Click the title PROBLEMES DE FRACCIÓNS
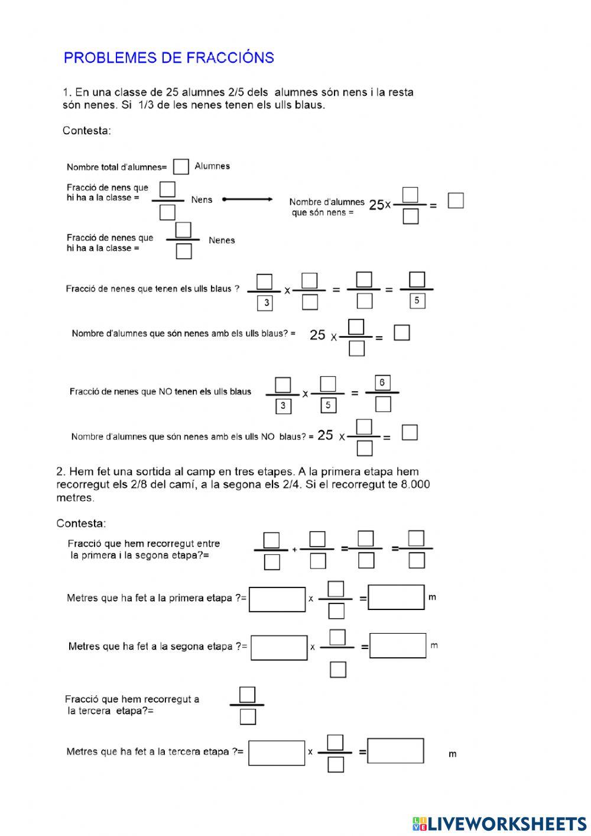tap(168, 57)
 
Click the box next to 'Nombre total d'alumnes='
tap(181, 167)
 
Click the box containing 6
tap(382, 383)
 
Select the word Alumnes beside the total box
tap(212, 166)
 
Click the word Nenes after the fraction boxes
tap(222, 240)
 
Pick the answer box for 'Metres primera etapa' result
tap(396, 598)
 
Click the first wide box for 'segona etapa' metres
tap(279, 647)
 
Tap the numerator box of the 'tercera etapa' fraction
tap(247, 694)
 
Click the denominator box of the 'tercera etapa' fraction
tap(248, 717)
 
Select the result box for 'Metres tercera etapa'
tap(395, 751)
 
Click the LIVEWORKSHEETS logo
tap(499, 823)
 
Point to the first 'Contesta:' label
tap(87, 131)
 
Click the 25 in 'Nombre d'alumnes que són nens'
tap(376, 205)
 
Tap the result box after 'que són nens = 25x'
tap(456, 201)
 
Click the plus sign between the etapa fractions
tap(294, 550)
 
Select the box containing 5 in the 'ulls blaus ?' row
tap(417, 301)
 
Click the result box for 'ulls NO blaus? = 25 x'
tap(410, 432)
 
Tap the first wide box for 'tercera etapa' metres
tap(277, 753)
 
